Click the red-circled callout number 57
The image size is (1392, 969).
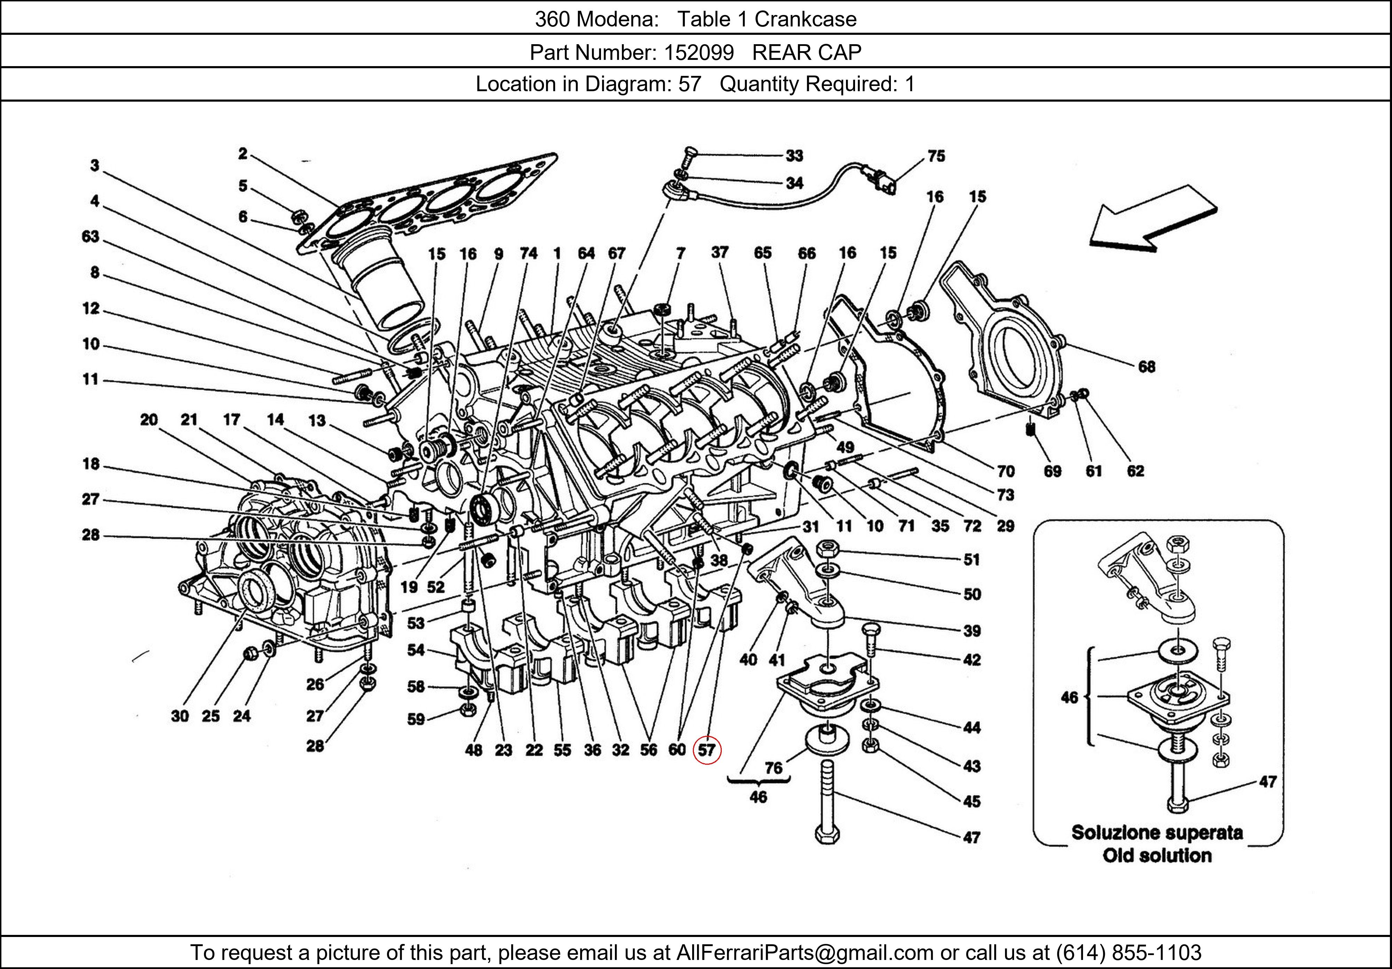point(706,750)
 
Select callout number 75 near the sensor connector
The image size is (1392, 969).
point(936,156)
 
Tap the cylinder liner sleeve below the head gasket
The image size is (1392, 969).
point(382,285)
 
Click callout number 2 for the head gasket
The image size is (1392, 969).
point(243,154)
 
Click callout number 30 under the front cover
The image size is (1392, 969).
point(180,716)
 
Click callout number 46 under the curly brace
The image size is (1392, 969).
point(758,797)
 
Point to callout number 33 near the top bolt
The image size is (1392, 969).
point(794,156)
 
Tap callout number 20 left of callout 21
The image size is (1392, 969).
point(149,420)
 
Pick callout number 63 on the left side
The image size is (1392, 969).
point(90,236)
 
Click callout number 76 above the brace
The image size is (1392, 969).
point(773,768)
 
